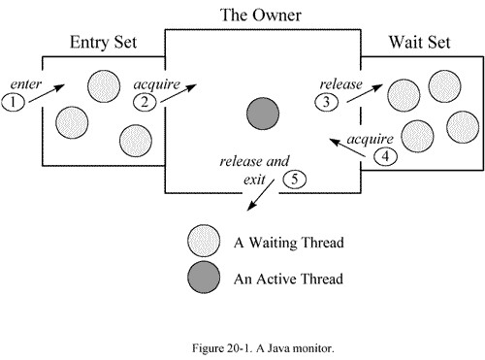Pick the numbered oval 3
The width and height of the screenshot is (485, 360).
click(x=330, y=100)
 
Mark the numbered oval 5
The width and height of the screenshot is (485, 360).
click(x=295, y=178)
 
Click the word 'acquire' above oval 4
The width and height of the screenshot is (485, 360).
click(x=369, y=137)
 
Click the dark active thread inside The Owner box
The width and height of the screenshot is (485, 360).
click(x=260, y=114)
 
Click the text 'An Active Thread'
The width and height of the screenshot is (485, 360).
click(x=288, y=279)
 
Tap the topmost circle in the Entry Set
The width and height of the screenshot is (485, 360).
click(x=104, y=87)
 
